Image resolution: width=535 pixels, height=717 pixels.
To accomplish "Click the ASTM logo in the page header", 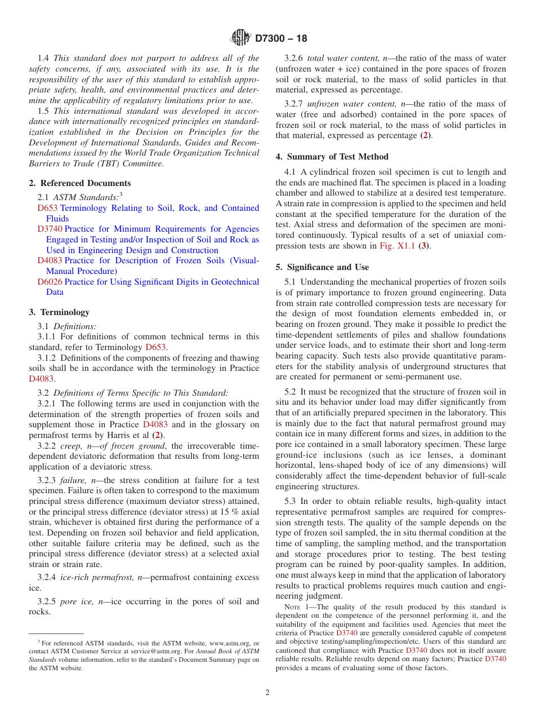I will point(242,38).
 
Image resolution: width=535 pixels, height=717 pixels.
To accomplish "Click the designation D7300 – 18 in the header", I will point(281,39).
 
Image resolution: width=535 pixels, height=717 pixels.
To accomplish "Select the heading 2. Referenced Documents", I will point(80,183).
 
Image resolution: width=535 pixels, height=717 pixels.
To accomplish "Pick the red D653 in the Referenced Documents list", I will point(47,208).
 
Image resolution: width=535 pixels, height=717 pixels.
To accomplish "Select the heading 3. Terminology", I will point(59,312).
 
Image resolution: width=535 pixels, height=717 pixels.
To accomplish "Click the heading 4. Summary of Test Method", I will point(332,157).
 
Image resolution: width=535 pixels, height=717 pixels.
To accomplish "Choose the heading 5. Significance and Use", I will point(322,267).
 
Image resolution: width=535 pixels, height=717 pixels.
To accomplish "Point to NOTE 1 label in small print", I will point(296,607).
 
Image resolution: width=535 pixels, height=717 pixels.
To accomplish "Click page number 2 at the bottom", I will point(267,693).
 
